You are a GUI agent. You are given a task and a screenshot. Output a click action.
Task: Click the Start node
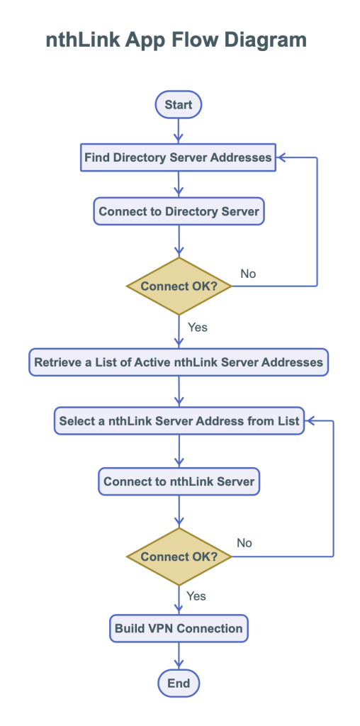click(179, 105)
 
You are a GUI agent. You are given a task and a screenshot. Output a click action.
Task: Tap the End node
click(179, 683)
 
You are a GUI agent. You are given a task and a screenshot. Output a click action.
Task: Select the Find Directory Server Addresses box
click(178, 157)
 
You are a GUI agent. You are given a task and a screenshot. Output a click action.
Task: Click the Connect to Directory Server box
click(179, 211)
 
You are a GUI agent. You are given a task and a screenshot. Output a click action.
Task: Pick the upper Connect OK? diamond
click(179, 286)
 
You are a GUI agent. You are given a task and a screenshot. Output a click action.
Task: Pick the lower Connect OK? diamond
click(179, 557)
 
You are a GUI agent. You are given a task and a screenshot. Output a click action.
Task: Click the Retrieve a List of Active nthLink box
click(179, 362)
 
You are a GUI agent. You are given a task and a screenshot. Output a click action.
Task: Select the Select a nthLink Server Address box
click(179, 421)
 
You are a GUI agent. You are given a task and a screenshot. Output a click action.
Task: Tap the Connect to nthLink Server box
click(179, 481)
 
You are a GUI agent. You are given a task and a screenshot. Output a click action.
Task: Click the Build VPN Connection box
click(179, 628)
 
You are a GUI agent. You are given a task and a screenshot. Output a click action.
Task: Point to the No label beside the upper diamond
click(248, 274)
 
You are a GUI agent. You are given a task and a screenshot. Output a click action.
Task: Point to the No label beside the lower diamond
click(244, 543)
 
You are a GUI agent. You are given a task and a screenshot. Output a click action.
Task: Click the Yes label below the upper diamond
click(197, 327)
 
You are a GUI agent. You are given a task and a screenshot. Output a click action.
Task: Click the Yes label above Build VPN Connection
click(196, 596)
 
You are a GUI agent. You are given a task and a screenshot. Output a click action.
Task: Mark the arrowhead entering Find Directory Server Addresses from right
click(281, 157)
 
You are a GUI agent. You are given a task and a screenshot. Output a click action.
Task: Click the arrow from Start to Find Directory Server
click(179, 130)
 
